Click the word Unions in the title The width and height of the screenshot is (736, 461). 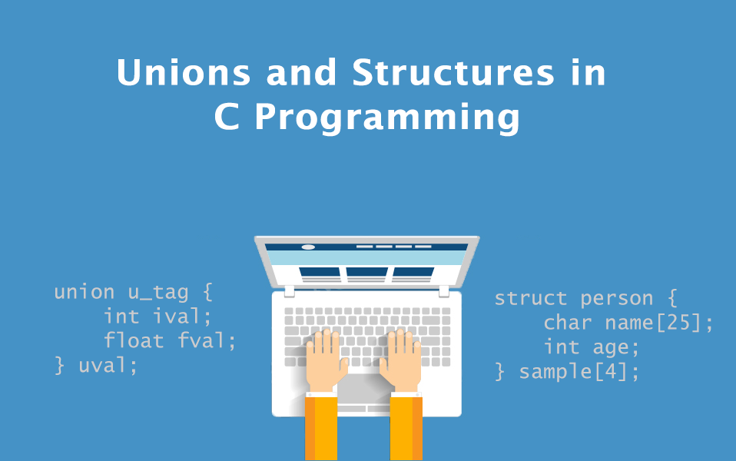tap(184, 73)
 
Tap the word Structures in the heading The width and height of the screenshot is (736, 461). tap(453, 73)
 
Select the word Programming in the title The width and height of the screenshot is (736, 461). tap(387, 118)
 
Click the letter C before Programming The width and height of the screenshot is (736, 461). tap(227, 117)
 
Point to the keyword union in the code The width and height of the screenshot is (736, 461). tap(85, 292)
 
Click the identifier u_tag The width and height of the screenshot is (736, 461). tap(158, 293)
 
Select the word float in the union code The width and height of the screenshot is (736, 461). tap(134, 340)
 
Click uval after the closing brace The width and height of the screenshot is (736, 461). tap(103, 365)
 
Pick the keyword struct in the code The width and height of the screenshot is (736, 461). tap(531, 299)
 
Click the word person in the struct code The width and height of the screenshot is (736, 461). tap(617, 300)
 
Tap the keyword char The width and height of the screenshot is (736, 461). tap(568, 323)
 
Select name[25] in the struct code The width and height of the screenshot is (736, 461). tap(653, 323)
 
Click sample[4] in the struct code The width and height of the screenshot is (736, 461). tap(574, 372)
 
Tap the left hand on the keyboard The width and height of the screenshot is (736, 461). tap(325, 359)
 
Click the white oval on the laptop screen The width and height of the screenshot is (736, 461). tap(308, 247)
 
